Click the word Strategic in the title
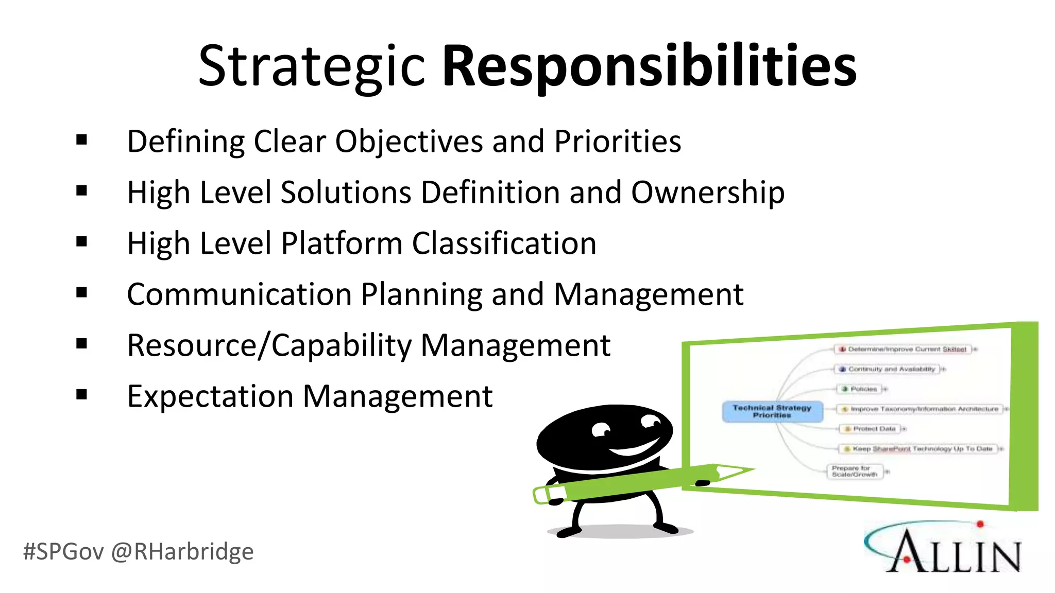pos(311,67)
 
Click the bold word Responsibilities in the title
pos(649,67)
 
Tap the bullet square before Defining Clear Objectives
pos(81,140)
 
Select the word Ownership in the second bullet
pos(708,193)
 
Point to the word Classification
pos(504,243)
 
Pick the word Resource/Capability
pos(269,345)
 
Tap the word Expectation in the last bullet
pos(210,396)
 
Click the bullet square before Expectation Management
pos(81,395)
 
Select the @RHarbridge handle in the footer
pos(182,552)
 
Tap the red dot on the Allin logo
pos(980,525)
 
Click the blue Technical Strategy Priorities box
pos(772,411)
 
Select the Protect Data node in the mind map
pos(873,429)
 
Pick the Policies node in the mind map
pos(861,389)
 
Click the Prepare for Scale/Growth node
pos(855,472)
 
